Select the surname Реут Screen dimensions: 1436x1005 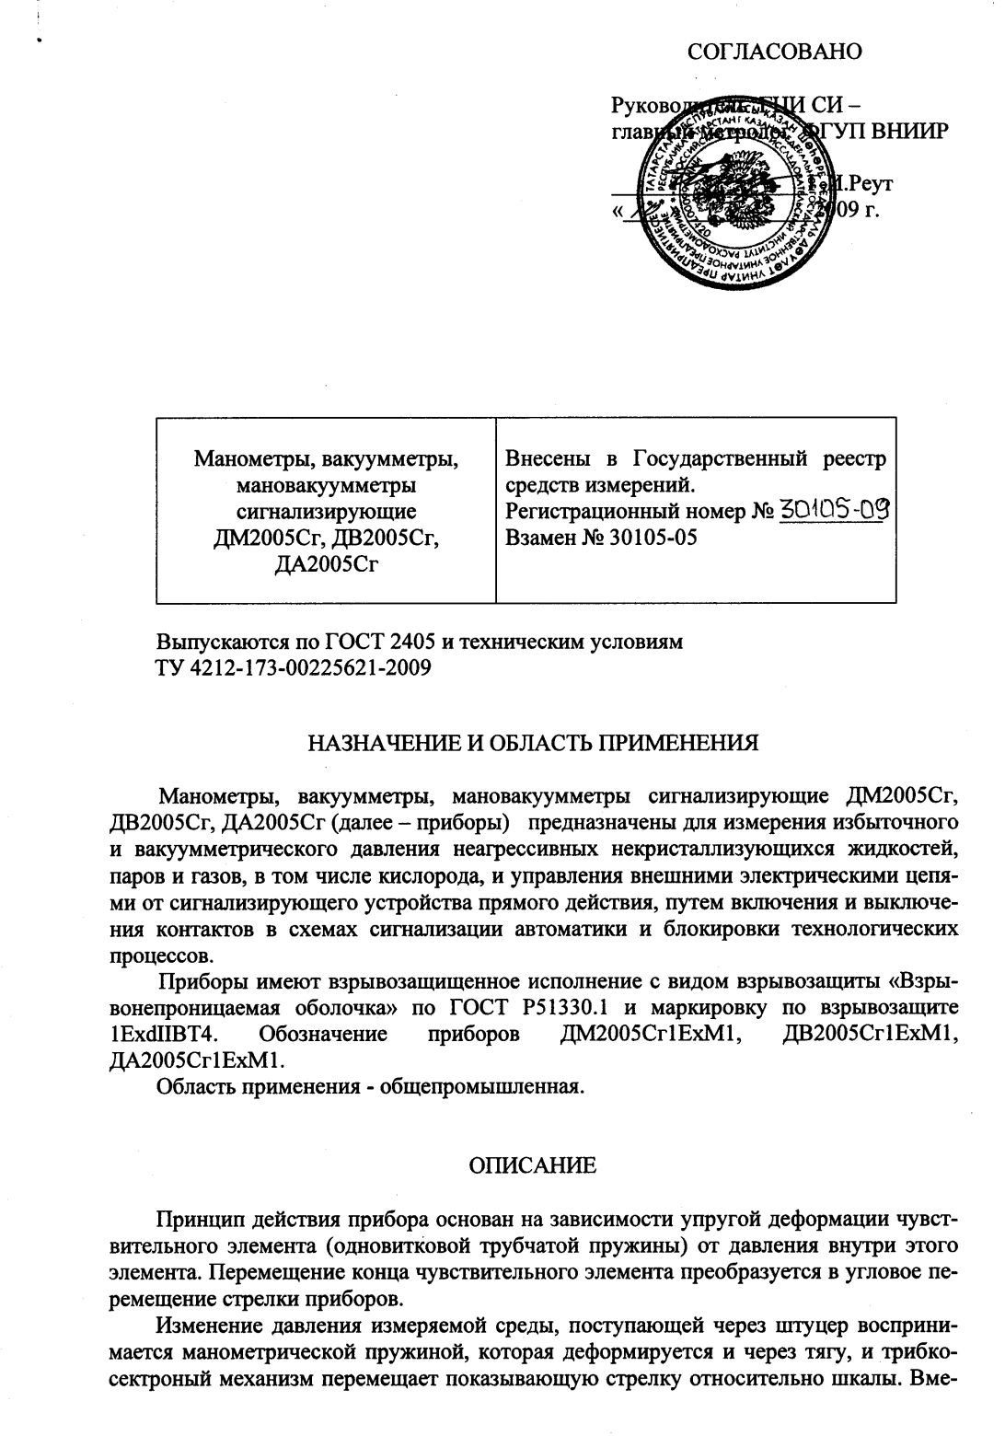click(x=872, y=183)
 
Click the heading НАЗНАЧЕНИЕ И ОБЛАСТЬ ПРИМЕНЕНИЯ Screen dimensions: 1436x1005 click(x=533, y=743)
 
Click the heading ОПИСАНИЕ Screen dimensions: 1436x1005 click(x=533, y=1166)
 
